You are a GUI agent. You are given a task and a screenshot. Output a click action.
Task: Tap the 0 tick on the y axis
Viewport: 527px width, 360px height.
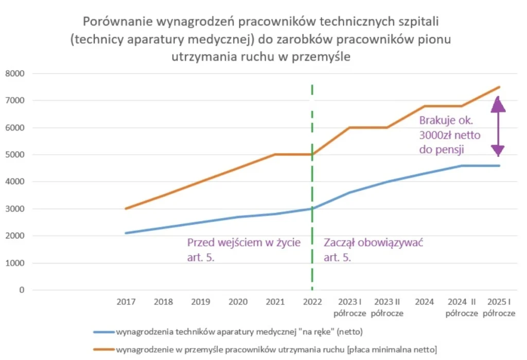point(22,290)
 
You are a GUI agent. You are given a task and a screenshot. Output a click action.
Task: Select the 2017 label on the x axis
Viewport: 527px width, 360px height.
point(126,302)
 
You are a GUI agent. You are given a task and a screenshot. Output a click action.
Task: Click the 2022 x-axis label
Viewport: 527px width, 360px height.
point(312,302)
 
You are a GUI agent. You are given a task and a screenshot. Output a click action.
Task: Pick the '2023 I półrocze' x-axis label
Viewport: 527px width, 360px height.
point(349,308)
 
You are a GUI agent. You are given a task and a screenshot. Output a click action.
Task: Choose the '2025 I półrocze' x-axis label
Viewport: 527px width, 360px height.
point(499,308)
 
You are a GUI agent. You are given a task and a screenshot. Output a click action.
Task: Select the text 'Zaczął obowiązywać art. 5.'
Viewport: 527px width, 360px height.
point(376,249)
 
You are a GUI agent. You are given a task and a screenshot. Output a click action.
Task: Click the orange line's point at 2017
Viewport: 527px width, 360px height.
point(126,209)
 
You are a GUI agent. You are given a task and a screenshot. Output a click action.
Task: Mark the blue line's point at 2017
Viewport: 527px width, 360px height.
point(126,233)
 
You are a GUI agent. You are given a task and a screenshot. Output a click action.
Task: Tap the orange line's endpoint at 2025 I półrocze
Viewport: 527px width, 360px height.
point(499,87)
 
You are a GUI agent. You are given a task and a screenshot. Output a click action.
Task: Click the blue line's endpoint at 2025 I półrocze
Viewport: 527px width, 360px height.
point(499,166)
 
